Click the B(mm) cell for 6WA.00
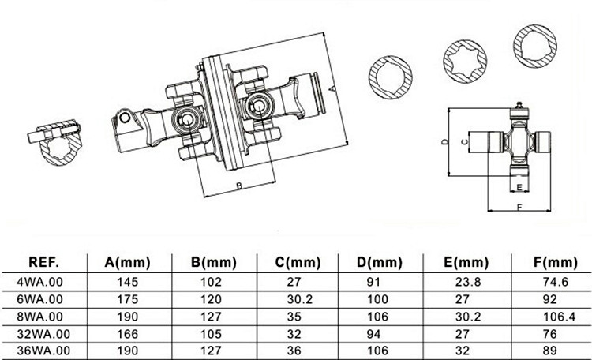[213, 299]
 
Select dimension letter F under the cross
[518, 207]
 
